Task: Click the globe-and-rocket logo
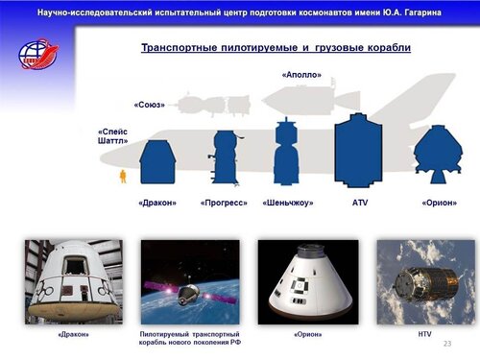38,54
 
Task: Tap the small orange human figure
123,177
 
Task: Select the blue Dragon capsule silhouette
157,162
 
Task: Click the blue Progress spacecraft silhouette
225,157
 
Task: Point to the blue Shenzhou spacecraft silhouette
286,152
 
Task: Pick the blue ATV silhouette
358,151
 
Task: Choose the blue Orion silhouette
439,155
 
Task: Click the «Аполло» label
301,75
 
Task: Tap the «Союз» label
150,105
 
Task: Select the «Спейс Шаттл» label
112,136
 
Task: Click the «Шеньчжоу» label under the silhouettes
288,203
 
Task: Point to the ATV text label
360,203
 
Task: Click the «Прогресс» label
224,203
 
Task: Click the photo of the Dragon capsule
74,282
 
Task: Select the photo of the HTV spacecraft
426,282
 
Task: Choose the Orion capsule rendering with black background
308,282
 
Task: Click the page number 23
447,344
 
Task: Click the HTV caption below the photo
424,334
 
